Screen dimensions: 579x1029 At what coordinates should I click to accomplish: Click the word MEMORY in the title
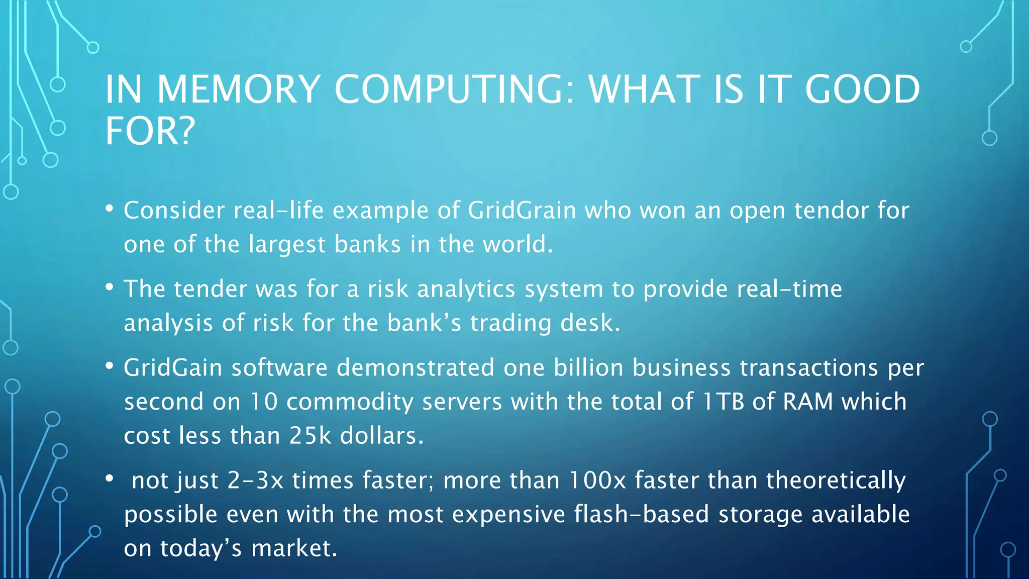click(239, 89)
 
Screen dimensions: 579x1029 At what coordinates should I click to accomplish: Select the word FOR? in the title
click(150, 131)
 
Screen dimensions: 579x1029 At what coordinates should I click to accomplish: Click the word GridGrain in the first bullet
click(522, 210)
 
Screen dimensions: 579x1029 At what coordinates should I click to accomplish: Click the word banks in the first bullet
click(367, 245)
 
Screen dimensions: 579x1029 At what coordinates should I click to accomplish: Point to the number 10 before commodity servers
click(264, 402)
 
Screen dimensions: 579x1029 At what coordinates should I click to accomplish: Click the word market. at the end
click(294, 548)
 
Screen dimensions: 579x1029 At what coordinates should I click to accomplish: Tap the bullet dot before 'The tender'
click(110, 287)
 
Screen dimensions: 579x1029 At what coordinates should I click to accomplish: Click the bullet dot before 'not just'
click(110, 478)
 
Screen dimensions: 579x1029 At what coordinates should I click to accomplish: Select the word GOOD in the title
click(862, 89)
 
